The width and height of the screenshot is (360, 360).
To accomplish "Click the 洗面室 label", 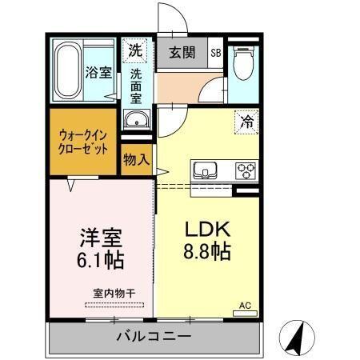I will (x=136, y=86).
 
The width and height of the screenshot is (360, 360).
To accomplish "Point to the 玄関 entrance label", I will (x=182, y=54).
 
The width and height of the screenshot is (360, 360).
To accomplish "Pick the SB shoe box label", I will (x=216, y=54).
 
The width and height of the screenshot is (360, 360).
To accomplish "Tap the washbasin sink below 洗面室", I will (x=137, y=122).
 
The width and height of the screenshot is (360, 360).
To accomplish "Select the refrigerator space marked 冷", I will (x=247, y=122).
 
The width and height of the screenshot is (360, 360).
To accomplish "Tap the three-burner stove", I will (x=245, y=170).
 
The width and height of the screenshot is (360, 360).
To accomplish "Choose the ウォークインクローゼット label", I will (x=83, y=142).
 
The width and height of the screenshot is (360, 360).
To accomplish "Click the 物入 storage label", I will (x=136, y=159).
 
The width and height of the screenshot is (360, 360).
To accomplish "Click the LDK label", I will (x=209, y=226).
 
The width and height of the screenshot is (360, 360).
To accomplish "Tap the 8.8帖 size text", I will (x=209, y=252).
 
